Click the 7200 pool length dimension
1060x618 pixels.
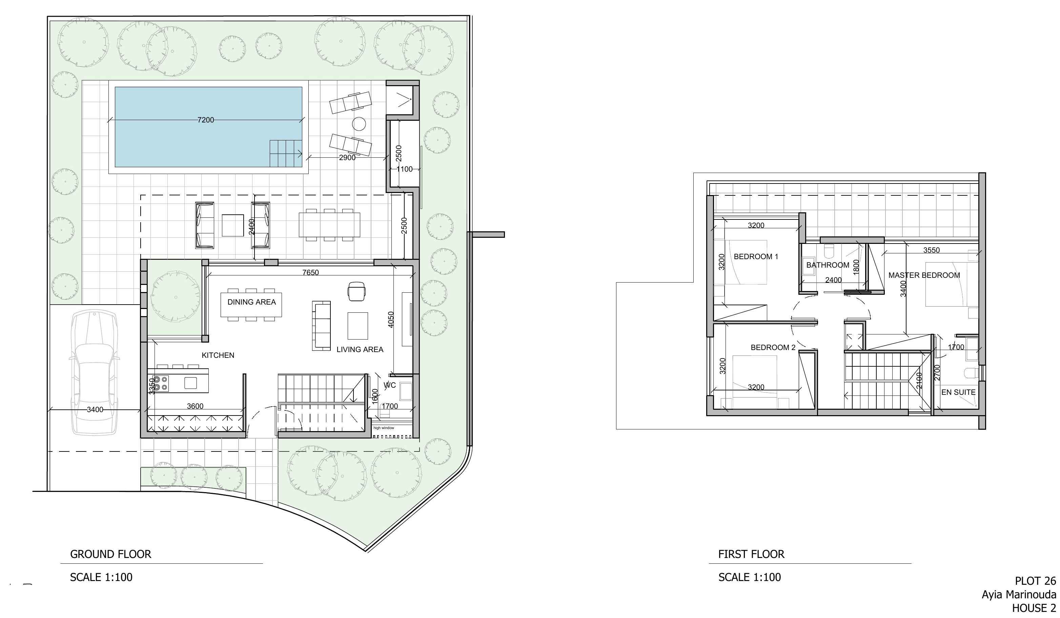pyautogui.click(x=206, y=120)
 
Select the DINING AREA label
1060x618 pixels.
pyautogui.click(x=251, y=302)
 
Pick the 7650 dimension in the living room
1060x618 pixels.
pyautogui.click(x=310, y=272)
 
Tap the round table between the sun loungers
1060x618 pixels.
pyautogui.click(x=359, y=124)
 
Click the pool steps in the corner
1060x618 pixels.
pyautogui.click(x=286, y=153)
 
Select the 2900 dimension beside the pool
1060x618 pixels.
pyautogui.click(x=347, y=157)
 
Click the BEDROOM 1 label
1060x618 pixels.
pyautogui.click(x=756, y=256)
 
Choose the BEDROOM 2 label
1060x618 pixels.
pyautogui.click(x=773, y=347)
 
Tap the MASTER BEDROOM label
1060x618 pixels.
pyautogui.click(x=924, y=275)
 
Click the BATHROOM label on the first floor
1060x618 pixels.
pyautogui.click(x=828, y=265)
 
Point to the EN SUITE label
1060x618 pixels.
pyautogui.click(x=958, y=392)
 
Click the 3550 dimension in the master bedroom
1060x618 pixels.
pyautogui.click(x=931, y=250)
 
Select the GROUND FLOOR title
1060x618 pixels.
pyautogui.click(x=110, y=554)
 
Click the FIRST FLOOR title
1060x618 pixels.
pyautogui.click(x=751, y=554)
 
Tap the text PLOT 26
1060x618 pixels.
pyautogui.click(x=1035, y=581)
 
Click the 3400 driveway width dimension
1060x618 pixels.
pyautogui.click(x=95, y=409)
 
